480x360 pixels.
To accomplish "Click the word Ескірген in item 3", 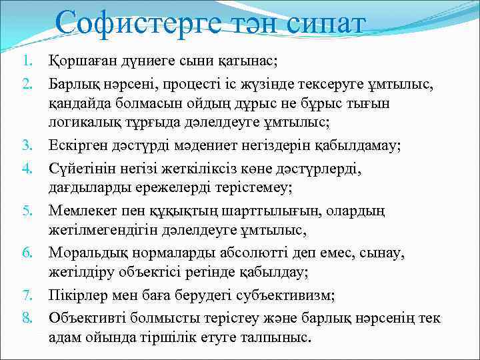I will [x=75, y=146].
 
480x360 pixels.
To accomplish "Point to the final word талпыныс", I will [x=279, y=339].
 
